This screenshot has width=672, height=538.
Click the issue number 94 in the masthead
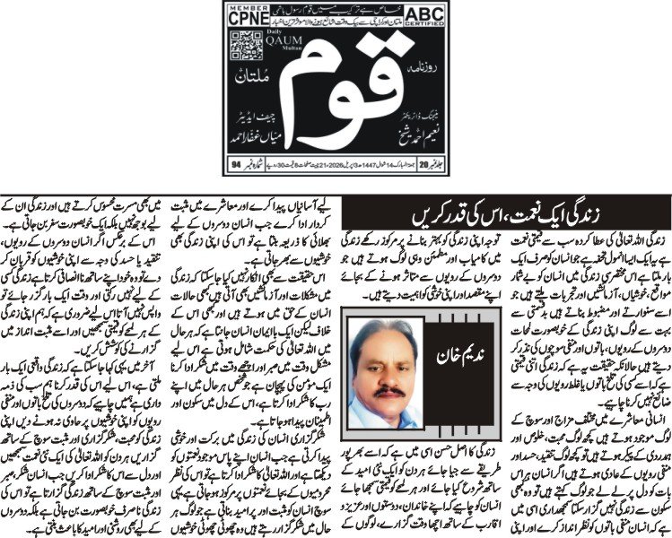(236, 165)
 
